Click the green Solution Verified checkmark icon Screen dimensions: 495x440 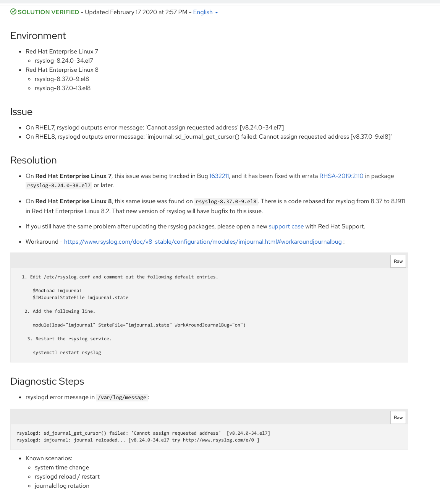pos(13,12)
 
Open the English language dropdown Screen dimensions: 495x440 pos(205,12)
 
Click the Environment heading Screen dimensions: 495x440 pos(38,36)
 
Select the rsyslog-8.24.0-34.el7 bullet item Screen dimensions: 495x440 pos(64,61)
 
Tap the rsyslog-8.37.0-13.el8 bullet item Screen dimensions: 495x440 pos(63,88)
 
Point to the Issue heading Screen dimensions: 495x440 pos(21,112)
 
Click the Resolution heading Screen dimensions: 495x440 pos(34,160)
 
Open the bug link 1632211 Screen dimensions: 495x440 pos(219,176)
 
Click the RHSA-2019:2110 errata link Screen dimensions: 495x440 pos(341,176)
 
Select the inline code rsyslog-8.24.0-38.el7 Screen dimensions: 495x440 pos(59,186)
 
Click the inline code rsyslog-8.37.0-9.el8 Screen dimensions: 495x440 pos(226,202)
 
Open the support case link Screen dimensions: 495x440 pos(286,226)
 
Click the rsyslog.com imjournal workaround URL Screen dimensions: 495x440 pos(203,242)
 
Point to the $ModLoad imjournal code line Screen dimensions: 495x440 pos(57,291)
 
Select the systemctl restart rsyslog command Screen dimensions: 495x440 pos(67,353)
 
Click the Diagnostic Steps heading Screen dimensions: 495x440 pos(47,382)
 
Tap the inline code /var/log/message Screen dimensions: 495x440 pos(122,398)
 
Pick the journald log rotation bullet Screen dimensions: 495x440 pos(62,486)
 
